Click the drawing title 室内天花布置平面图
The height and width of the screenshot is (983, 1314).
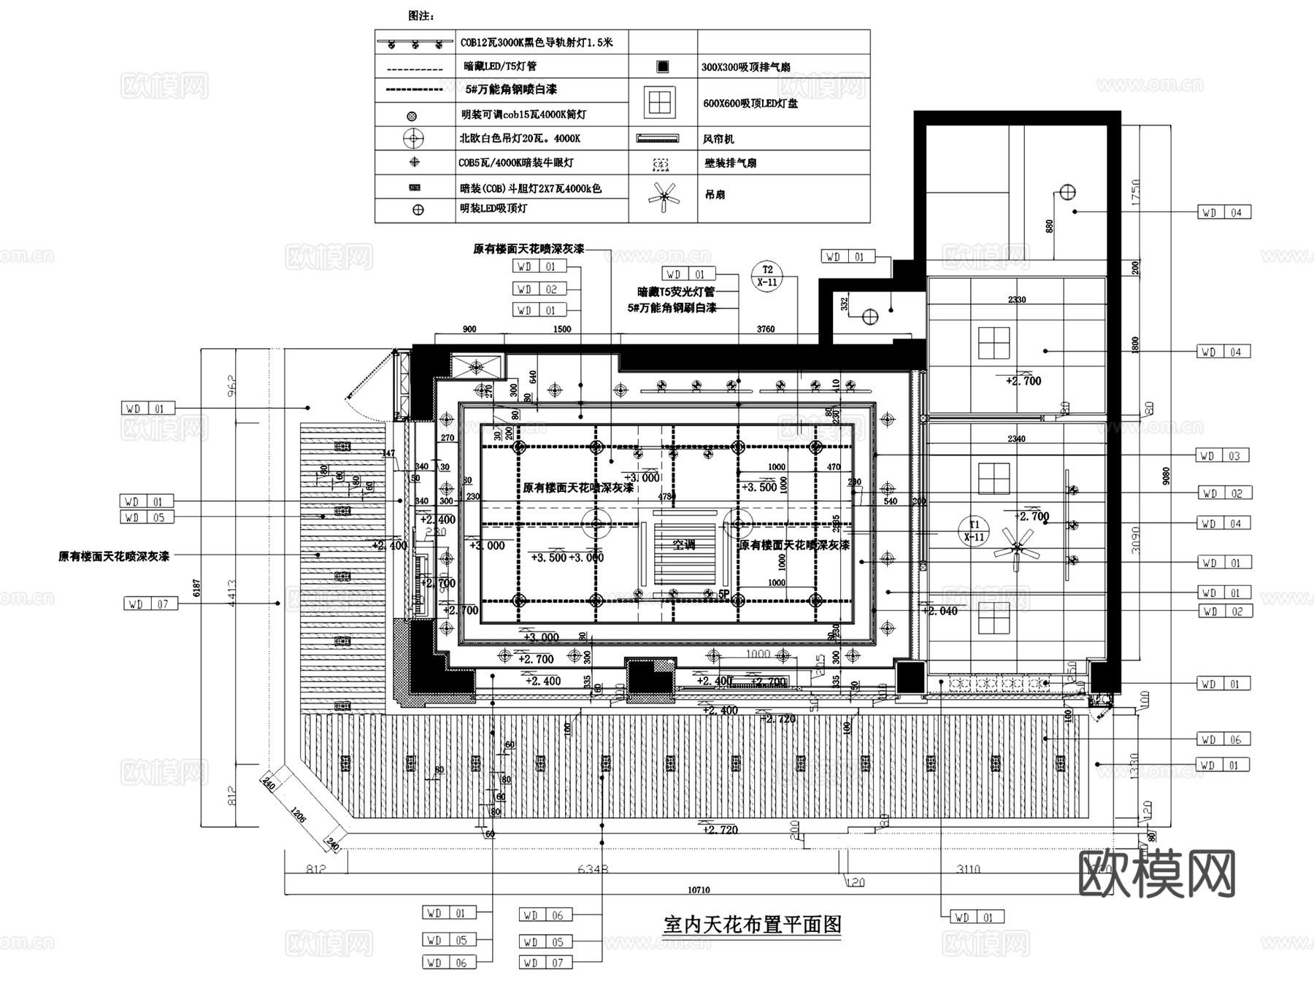752,925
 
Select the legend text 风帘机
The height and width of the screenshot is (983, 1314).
718,139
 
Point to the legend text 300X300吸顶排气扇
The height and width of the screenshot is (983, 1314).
745,67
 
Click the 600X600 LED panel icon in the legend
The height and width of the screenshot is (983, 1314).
660,103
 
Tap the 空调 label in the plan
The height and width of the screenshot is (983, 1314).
684,544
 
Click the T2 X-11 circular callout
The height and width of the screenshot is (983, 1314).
767,276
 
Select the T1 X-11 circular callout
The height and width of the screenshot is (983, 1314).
975,531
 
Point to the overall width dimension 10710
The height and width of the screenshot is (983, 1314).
699,890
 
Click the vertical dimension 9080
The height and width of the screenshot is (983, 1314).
1165,476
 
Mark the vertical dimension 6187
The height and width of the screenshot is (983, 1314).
196,587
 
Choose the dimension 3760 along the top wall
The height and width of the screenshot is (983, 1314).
766,329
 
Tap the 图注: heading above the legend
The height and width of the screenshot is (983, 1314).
421,15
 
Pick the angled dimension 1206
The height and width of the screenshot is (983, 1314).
298,814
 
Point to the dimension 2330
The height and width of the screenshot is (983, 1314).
1016,299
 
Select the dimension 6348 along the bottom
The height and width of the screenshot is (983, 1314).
593,868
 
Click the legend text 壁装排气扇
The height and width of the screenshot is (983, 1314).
730,163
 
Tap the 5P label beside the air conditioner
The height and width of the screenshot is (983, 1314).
723,594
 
